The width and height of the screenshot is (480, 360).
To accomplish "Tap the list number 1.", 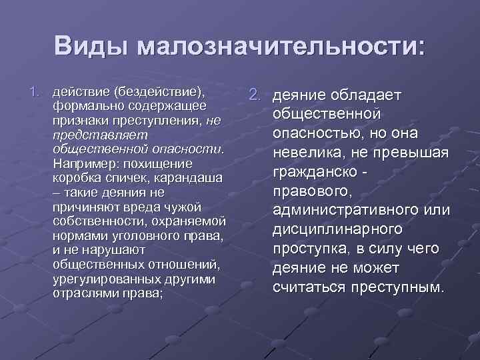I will pos(37,91).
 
